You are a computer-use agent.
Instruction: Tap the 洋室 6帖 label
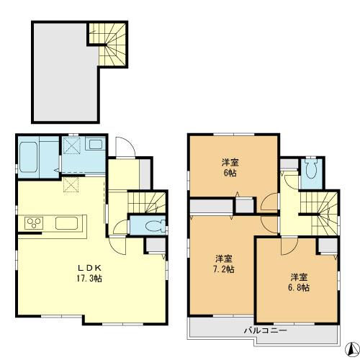230,167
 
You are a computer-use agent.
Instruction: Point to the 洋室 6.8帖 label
300,282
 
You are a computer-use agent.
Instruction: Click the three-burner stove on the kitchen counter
35,222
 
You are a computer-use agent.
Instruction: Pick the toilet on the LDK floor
151,225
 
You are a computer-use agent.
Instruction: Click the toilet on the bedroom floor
311,170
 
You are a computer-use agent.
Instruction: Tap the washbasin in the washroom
96,144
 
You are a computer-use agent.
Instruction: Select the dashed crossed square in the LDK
72,185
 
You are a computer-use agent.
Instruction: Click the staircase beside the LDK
148,203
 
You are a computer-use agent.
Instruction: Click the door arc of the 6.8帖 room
287,245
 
